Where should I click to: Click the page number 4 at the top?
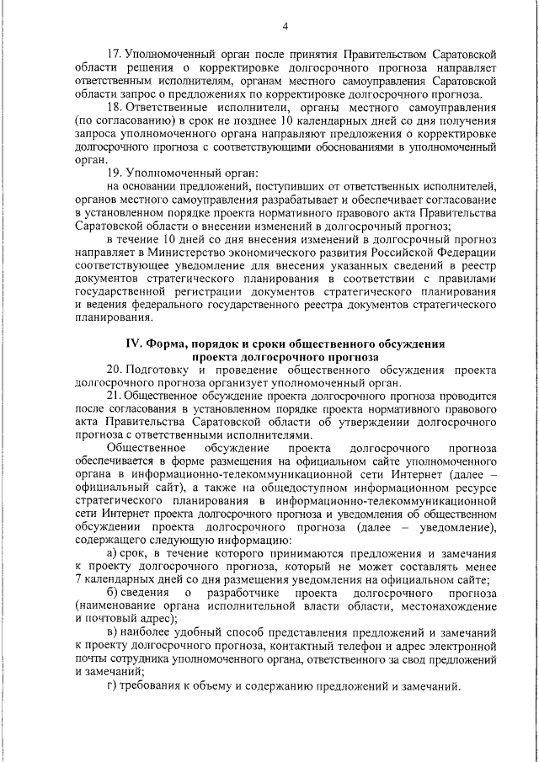(286, 26)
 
